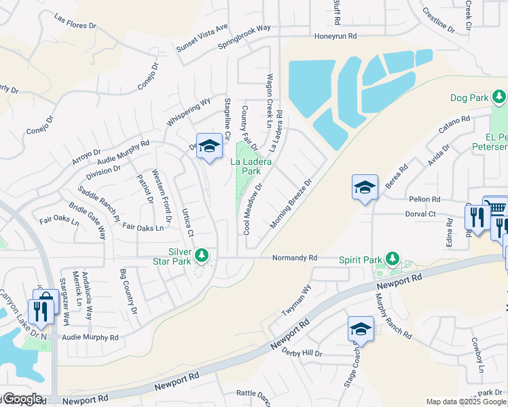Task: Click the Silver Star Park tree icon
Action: point(201,255)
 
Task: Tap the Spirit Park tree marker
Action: point(392,258)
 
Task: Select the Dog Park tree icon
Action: point(499,98)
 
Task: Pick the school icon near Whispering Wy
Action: point(209,147)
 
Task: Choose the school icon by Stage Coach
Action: point(361,329)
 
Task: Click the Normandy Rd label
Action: point(295,258)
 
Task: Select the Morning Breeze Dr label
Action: point(290,203)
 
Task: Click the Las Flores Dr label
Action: point(75,22)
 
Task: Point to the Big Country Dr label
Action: point(128,292)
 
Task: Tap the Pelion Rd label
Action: point(425,199)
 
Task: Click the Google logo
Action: point(22,399)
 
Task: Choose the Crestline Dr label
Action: point(438,18)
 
